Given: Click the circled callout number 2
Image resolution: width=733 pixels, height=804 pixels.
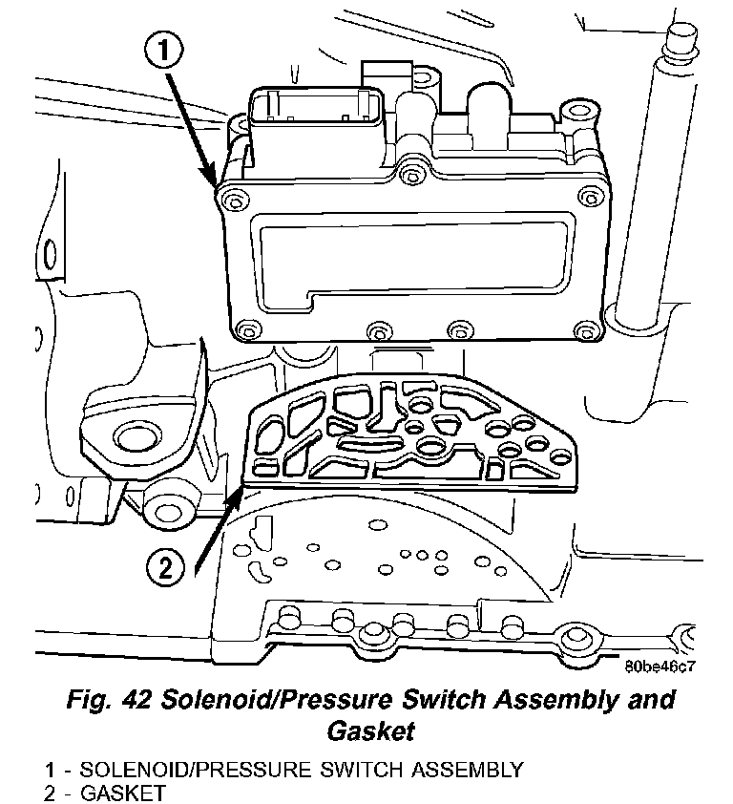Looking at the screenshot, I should point(163,569).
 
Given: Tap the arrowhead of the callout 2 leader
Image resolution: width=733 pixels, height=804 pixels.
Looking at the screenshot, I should point(236,491).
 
